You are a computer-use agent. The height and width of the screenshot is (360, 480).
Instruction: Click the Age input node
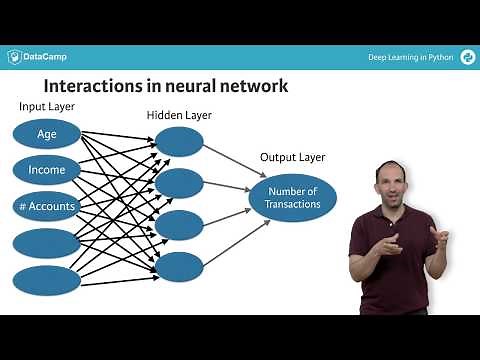point(47,133)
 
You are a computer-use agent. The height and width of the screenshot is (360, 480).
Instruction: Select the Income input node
point(47,170)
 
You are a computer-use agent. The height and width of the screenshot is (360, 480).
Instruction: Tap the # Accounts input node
point(47,207)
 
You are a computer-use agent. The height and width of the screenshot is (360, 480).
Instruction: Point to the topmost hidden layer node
point(179,142)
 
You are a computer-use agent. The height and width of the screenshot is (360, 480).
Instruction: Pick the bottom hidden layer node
point(179,266)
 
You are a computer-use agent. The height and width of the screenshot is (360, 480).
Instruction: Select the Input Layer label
point(48,106)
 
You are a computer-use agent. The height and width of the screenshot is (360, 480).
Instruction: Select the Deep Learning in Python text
point(410,57)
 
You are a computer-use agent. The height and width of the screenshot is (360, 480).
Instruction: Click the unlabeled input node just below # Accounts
point(47,243)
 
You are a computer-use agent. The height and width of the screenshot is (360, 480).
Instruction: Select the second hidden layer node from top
point(179,183)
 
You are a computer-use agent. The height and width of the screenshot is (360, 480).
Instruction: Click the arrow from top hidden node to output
point(229,162)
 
